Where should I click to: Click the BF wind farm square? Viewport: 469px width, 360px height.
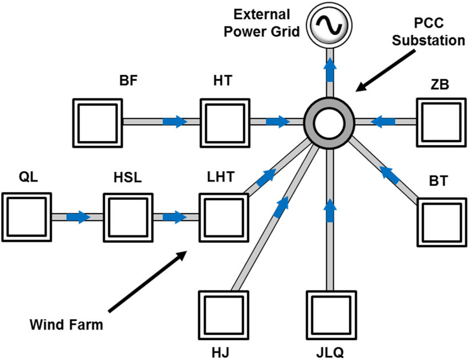(97, 122)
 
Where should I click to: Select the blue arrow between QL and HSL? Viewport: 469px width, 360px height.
(78, 216)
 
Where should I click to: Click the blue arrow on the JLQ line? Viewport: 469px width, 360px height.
(330, 209)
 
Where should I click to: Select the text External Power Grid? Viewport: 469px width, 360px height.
(265, 22)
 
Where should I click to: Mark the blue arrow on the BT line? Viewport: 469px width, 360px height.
(391, 174)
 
